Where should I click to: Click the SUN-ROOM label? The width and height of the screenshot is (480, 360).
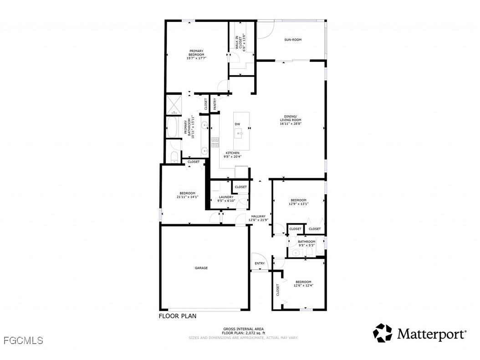click(293, 40)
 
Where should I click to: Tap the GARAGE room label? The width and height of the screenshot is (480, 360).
click(201, 268)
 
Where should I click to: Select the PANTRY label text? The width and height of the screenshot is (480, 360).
click(214, 104)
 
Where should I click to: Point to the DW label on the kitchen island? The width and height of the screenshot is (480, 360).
click(237, 124)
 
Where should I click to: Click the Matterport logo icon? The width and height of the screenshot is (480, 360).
click(383, 333)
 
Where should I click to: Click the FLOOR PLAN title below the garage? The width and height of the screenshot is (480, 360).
click(178, 316)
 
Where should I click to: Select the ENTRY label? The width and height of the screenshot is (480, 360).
click(260, 263)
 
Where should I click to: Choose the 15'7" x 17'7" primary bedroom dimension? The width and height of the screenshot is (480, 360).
click(196, 58)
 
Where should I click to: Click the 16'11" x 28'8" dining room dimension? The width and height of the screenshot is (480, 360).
click(291, 123)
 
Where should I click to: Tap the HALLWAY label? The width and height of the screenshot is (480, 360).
click(258, 216)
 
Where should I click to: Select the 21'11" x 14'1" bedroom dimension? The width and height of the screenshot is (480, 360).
click(187, 197)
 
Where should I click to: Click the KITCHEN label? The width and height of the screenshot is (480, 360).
click(233, 153)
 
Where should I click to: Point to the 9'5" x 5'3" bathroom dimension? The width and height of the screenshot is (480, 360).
click(306, 245)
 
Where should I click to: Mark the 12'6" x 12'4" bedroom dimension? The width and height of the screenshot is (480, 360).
click(303, 286)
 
